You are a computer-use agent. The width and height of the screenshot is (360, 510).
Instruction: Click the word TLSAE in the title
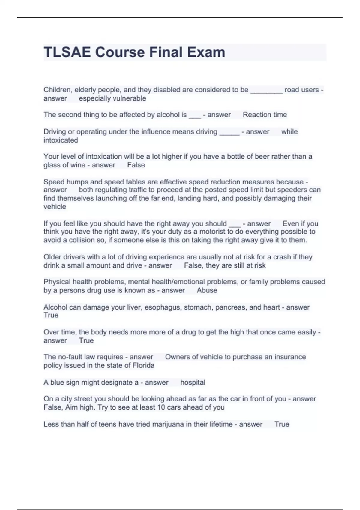67,52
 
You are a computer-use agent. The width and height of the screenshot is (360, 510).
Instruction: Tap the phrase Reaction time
265,115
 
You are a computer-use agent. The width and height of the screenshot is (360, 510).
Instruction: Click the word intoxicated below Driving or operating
61,140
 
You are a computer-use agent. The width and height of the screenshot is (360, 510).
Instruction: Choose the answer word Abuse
207,290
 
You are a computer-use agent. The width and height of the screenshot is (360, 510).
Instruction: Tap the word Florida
143,365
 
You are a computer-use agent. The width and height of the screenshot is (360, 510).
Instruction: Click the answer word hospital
193,382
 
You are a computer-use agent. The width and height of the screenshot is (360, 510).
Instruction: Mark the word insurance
290,357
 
